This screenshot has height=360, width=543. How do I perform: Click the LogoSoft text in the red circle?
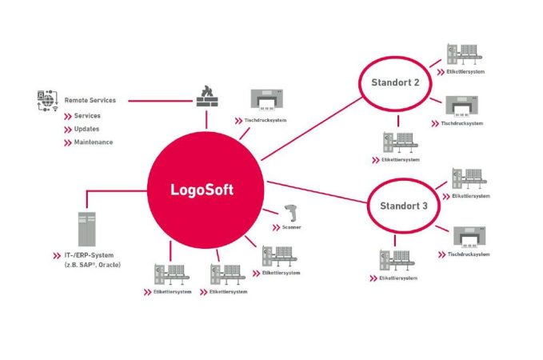(x=206, y=190)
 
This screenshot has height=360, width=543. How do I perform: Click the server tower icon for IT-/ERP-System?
(x=87, y=230)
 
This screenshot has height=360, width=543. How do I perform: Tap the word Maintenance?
(x=93, y=142)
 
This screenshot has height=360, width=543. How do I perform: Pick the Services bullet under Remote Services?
(x=86, y=116)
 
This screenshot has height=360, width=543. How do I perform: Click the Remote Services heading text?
(x=90, y=101)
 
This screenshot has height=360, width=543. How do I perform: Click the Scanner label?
(x=293, y=228)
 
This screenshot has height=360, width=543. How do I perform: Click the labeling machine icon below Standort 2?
(x=399, y=141)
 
